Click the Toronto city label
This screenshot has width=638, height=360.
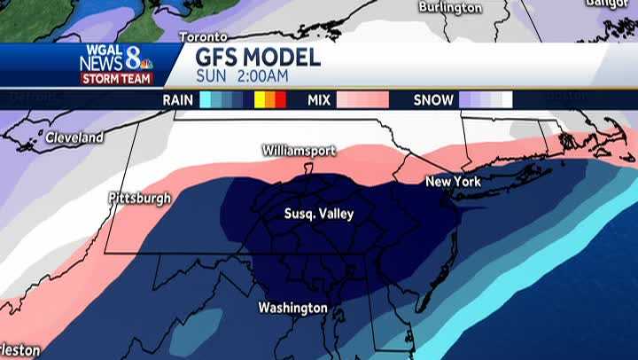[203, 37]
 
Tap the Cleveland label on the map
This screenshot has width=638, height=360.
[74, 137]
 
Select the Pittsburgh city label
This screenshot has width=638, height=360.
[139, 199]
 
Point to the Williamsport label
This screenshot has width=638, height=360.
[299, 151]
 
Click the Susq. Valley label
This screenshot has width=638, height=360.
[318, 214]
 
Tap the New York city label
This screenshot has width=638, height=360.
[453, 182]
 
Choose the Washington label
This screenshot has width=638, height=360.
[292, 308]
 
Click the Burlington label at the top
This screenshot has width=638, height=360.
[450, 8]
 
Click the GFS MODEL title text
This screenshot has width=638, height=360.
[258, 58]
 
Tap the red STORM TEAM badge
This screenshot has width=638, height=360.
[117, 78]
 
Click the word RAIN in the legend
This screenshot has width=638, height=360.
[178, 100]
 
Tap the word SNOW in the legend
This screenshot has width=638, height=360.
[433, 100]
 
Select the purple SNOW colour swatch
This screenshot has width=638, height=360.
[470, 100]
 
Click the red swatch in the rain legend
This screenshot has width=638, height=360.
[280, 100]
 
